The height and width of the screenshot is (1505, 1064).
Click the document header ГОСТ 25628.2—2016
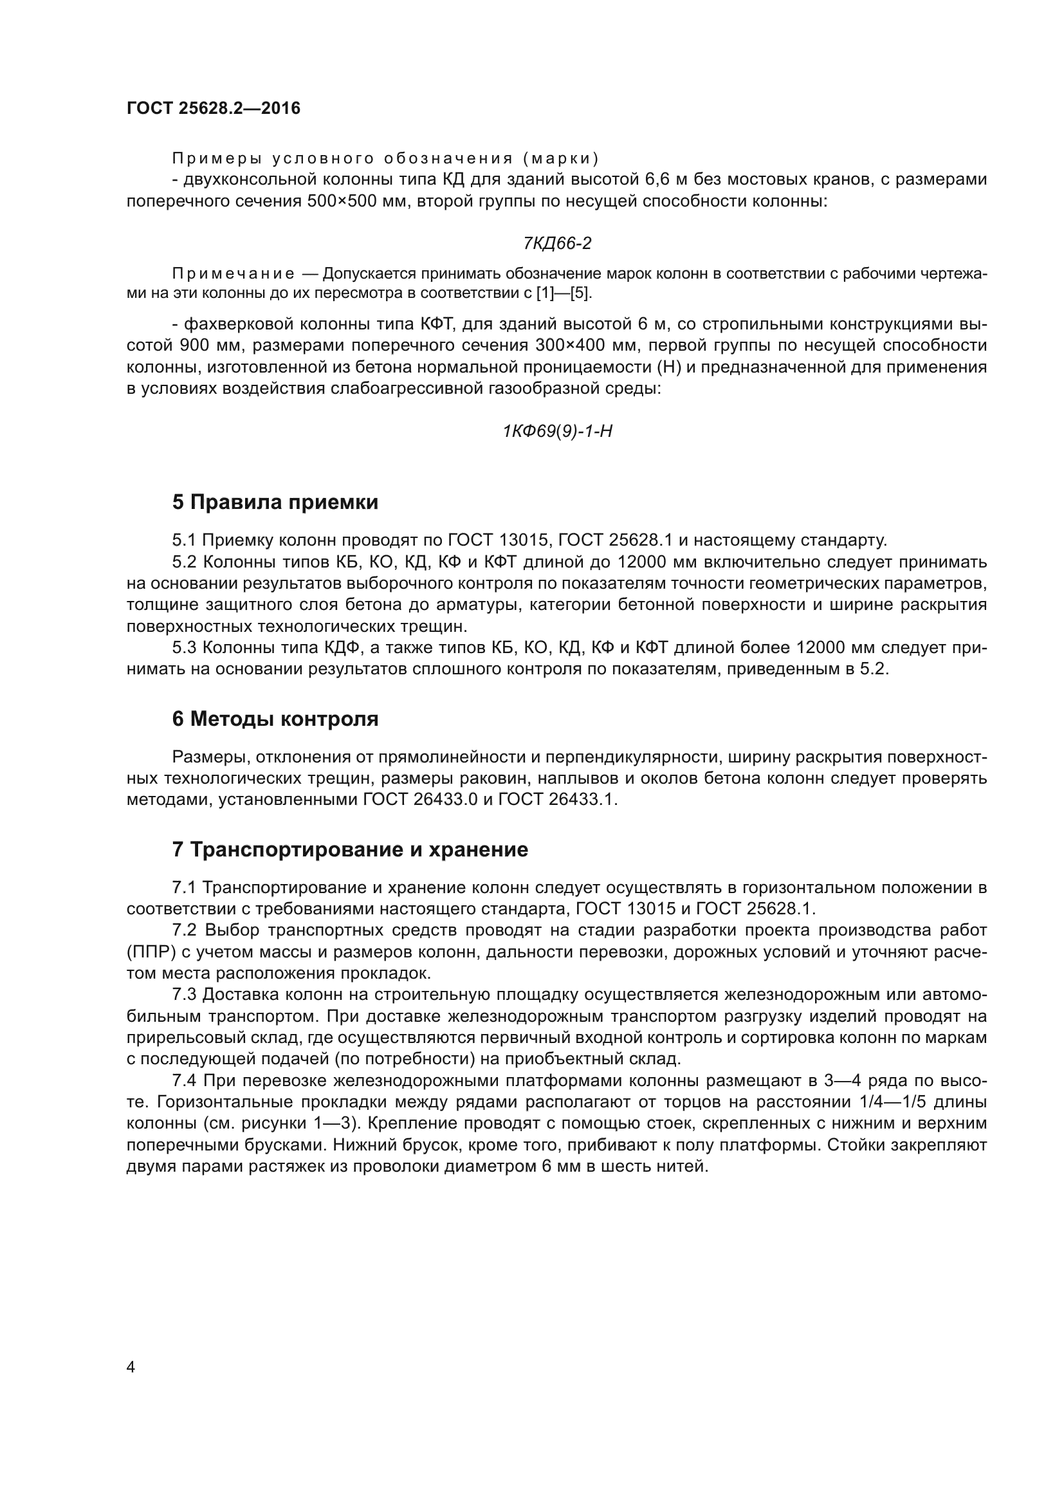pyautogui.click(x=214, y=108)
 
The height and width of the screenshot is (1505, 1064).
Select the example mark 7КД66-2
pyautogui.click(x=557, y=243)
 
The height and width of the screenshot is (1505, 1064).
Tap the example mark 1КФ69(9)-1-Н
pyautogui.click(x=557, y=430)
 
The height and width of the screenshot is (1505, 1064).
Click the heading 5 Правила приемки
pyautogui.click(x=275, y=502)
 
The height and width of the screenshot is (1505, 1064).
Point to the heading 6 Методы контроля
pyautogui.click(x=275, y=719)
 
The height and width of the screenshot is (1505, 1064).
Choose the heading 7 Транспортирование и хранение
pyautogui.click(x=350, y=849)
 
